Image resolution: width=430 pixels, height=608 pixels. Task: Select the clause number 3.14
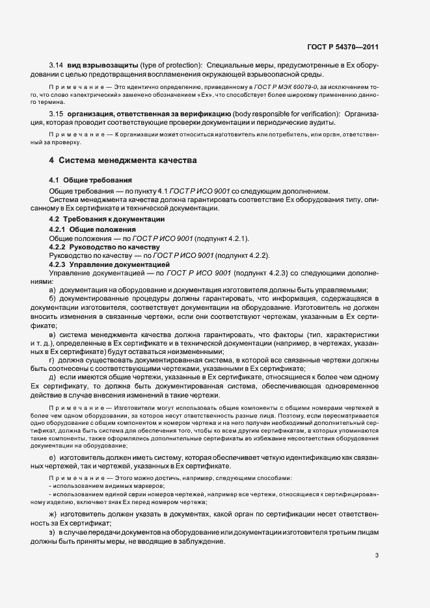[x=56, y=66]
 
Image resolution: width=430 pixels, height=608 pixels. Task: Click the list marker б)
[x=52, y=298]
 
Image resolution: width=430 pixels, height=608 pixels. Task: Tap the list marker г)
[x=52, y=359]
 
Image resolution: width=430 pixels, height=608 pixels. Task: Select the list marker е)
[x=52, y=457]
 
